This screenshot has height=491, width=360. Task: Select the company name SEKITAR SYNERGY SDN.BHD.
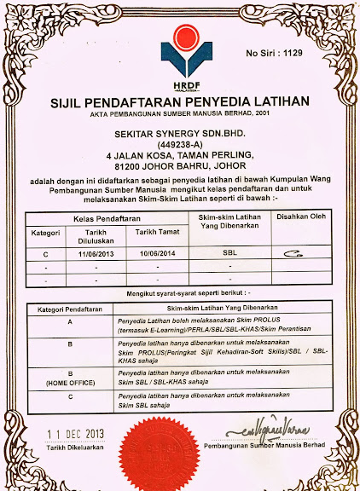pyautogui.click(x=179, y=134)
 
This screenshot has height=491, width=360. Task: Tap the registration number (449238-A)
pyautogui.click(x=179, y=144)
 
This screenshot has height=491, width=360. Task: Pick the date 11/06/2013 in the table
pyautogui.click(x=96, y=254)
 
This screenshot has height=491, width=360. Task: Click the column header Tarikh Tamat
pyautogui.click(x=156, y=231)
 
